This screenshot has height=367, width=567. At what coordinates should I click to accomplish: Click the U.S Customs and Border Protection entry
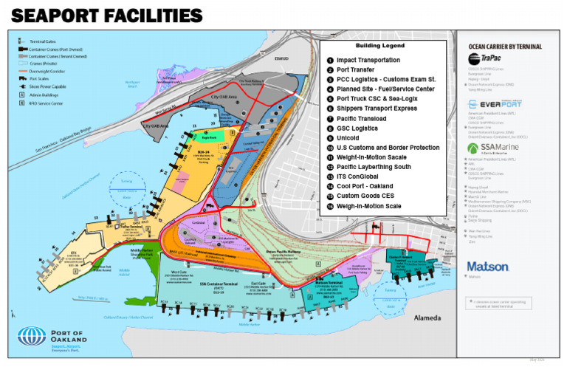tap(388, 148)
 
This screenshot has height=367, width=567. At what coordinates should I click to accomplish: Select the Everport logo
tap(494, 105)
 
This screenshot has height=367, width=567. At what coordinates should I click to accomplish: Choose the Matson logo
tap(488, 266)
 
